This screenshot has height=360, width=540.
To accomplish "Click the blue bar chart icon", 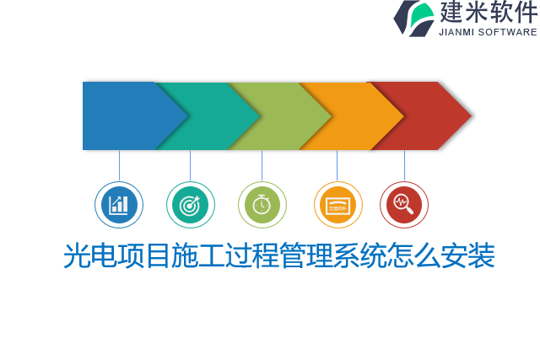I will (119, 205).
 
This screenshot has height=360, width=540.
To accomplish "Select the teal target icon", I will (190, 205).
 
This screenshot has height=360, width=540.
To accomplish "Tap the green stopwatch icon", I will (262, 205).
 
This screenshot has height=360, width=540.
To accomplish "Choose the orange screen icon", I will (337, 205).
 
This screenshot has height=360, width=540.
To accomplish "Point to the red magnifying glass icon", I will (404, 205).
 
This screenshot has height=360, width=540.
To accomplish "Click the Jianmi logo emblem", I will (413, 18).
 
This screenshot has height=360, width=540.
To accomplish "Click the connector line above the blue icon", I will (119, 165).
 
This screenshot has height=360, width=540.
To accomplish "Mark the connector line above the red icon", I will (404, 165).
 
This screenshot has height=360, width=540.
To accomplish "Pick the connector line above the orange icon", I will (337, 165).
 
